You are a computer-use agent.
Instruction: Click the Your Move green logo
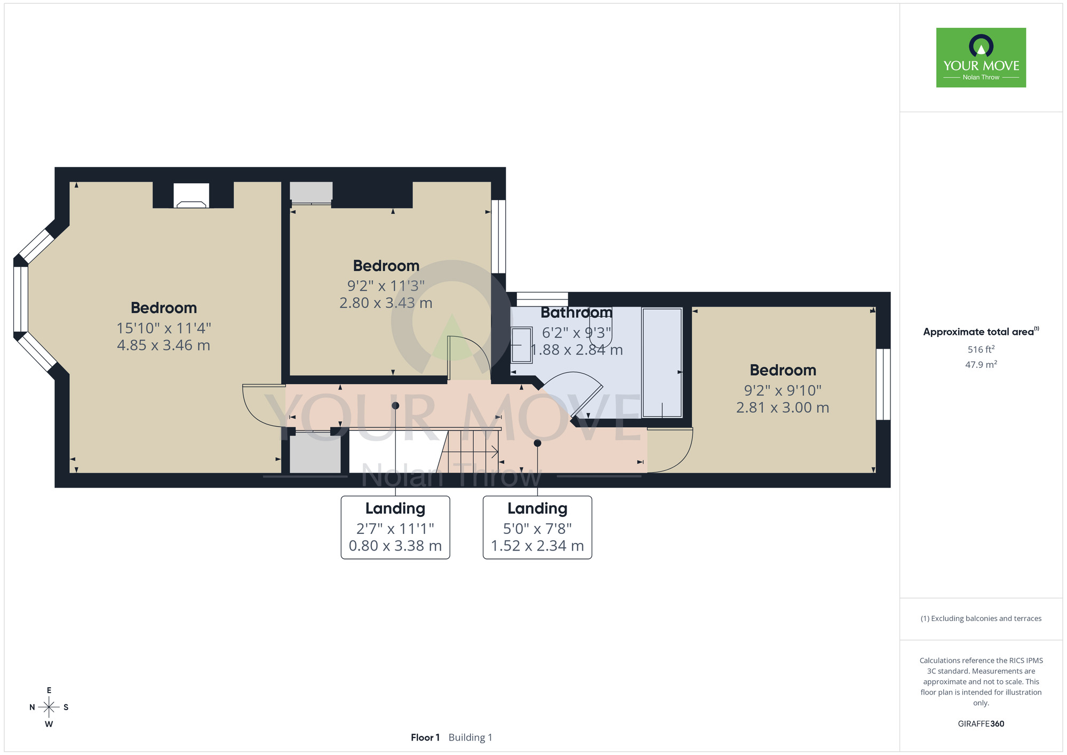[x=981, y=58]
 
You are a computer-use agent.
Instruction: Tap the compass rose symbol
[x=49, y=707]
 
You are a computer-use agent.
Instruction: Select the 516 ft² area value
[x=981, y=349]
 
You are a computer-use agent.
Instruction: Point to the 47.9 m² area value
[x=981, y=365]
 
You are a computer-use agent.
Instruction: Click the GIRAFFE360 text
[x=981, y=724]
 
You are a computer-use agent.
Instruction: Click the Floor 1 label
[x=425, y=737]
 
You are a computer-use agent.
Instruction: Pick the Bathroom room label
[x=576, y=312]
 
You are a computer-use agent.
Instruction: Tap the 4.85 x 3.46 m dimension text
[x=164, y=345]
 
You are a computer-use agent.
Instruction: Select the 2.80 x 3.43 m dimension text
[x=386, y=303]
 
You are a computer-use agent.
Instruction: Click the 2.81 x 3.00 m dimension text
[x=783, y=408]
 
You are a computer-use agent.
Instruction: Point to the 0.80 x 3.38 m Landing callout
[x=395, y=528]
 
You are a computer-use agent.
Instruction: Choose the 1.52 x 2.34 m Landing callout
[x=537, y=528]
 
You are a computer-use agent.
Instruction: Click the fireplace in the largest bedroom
[x=191, y=195]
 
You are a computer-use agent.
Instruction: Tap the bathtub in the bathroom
[x=662, y=363]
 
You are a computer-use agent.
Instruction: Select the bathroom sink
[x=521, y=345]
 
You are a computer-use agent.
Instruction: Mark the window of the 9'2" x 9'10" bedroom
[x=883, y=384]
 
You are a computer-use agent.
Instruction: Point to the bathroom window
[x=542, y=299]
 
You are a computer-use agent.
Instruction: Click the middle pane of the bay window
[x=21, y=299]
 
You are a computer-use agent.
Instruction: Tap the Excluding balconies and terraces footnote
[x=981, y=619]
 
